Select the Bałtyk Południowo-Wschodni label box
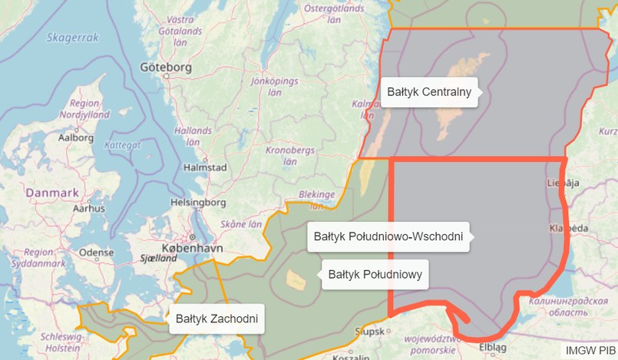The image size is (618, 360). pyautogui.click(x=388, y=237)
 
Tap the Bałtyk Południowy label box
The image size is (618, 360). pyautogui.click(x=375, y=274)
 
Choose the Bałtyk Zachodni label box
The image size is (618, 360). pyautogui.click(x=216, y=318)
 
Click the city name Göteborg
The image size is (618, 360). pyautogui.click(x=165, y=68)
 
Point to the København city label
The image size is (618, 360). pyautogui.click(x=193, y=249)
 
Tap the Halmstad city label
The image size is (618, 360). pyautogui.click(x=205, y=167)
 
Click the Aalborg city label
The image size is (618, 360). pyautogui.click(x=76, y=138)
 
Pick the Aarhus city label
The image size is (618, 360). pyautogui.click(x=88, y=208)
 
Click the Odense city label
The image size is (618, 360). pyautogui.click(x=96, y=251)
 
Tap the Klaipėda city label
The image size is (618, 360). pyautogui.click(x=569, y=229)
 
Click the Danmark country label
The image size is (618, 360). pyautogui.click(x=52, y=193)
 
